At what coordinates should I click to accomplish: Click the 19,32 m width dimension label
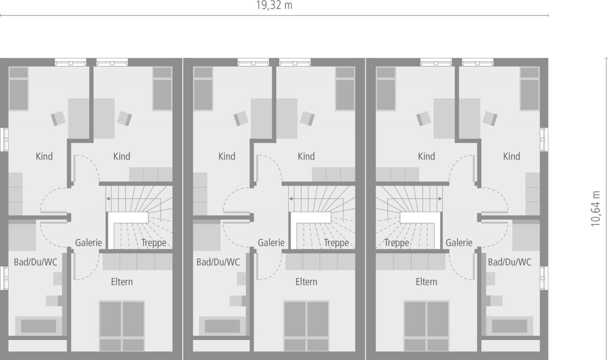[274, 5]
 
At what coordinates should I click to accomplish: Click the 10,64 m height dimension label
[596, 209]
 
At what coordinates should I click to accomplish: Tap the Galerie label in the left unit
[88, 243]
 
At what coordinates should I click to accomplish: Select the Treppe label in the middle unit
[336, 243]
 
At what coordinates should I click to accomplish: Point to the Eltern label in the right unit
[426, 282]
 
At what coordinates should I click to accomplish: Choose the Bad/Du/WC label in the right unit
[510, 262]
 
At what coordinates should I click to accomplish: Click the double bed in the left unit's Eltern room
[122, 326]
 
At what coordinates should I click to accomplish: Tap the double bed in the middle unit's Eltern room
[306, 326]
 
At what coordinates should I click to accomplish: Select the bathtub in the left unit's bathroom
[38, 326]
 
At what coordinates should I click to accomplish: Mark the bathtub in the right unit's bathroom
[509, 326]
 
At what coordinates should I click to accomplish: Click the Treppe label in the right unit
[397, 243]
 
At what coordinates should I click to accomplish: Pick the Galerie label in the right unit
[459, 243]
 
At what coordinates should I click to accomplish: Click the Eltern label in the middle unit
[306, 282]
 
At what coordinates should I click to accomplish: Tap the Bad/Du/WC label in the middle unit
[218, 262]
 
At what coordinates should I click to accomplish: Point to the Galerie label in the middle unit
[271, 243]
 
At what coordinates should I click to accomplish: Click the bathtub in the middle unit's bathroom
[222, 326]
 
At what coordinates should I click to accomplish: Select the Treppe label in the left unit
[153, 243]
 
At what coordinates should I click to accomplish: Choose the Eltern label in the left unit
[122, 282]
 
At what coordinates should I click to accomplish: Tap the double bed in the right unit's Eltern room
[427, 326]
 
